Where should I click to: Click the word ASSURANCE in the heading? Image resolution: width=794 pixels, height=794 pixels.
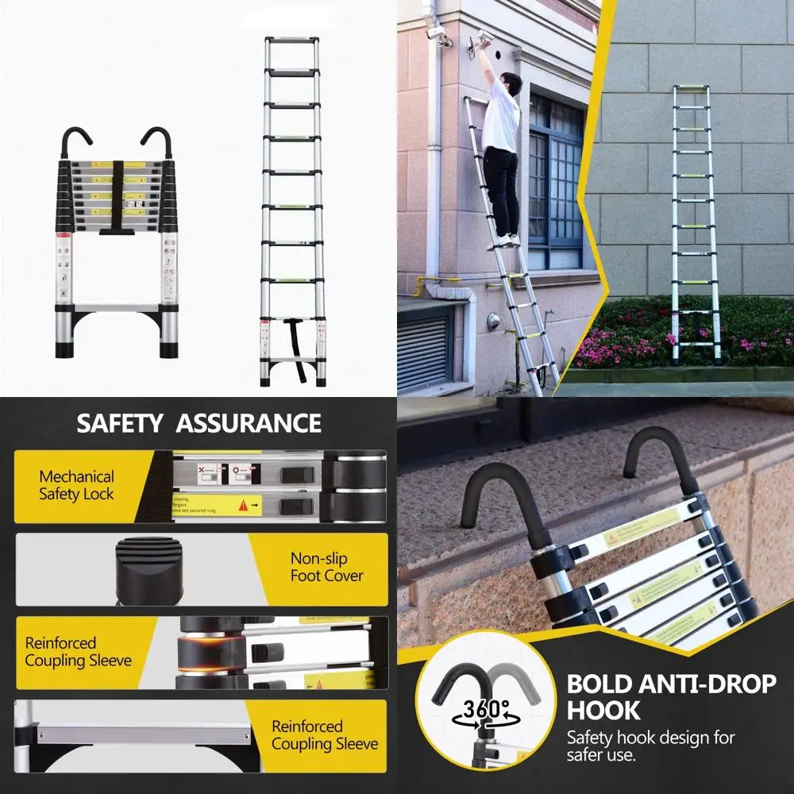(249, 423)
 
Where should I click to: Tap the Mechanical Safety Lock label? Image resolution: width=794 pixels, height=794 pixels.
(76, 485)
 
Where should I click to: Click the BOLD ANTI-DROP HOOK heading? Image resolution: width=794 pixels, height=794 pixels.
(670, 696)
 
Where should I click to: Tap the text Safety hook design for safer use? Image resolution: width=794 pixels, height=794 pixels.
(650, 746)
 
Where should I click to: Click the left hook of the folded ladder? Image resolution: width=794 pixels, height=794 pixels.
(76, 143)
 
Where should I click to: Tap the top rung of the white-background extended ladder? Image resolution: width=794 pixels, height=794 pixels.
(292, 39)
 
